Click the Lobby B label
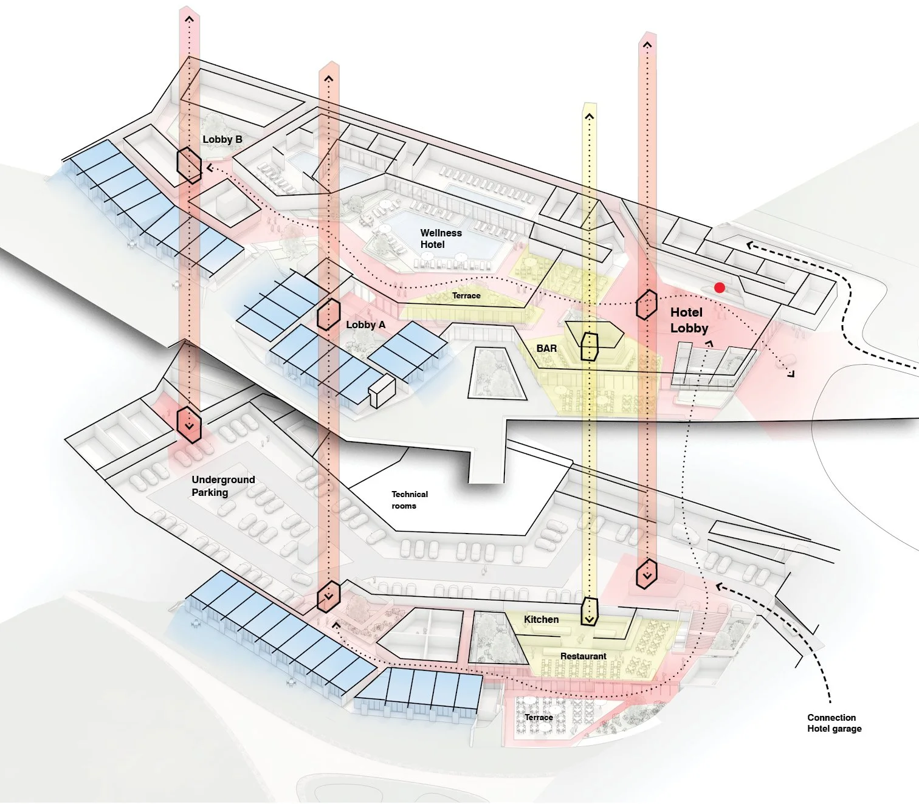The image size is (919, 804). pyautogui.click(x=222, y=139)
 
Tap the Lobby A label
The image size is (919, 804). pyautogui.click(x=365, y=325)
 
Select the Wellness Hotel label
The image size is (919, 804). pyautogui.click(x=441, y=238)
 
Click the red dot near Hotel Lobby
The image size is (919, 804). pyautogui.click(x=720, y=287)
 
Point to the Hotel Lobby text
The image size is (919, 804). pyautogui.click(x=689, y=320)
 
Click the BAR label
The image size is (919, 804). pyautogui.click(x=546, y=348)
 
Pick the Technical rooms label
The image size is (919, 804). pyautogui.click(x=409, y=500)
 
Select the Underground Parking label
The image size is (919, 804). pyautogui.click(x=222, y=486)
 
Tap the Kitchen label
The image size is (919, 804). pyautogui.click(x=541, y=619)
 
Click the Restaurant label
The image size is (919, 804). pyautogui.click(x=583, y=656)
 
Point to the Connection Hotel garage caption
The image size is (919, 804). pyautogui.click(x=834, y=723)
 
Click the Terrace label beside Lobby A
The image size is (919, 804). pyautogui.click(x=466, y=295)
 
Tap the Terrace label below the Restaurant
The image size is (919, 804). pyautogui.click(x=539, y=717)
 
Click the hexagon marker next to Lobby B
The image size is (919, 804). pyautogui.click(x=189, y=164)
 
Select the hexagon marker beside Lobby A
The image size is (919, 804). pyautogui.click(x=328, y=314)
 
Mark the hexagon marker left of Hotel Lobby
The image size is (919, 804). pyautogui.click(x=647, y=304)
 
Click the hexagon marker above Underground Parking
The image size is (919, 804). pyautogui.click(x=189, y=424)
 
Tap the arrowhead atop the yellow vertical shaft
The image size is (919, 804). pyautogui.click(x=589, y=115)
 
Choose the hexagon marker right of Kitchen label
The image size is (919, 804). pyautogui.click(x=590, y=611)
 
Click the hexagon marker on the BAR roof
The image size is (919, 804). pyautogui.click(x=590, y=346)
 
